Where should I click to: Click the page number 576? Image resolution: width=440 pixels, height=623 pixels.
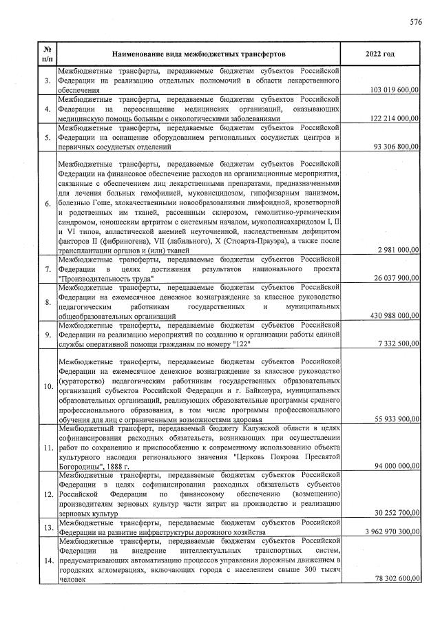point(415,21)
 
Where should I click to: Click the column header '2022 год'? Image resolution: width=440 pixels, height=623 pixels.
point(381,54)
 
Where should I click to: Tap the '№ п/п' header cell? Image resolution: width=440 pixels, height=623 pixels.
point(46,54)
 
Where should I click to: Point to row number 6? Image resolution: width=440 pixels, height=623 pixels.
point(46,204)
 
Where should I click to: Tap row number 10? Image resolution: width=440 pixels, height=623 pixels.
point(46,386)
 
